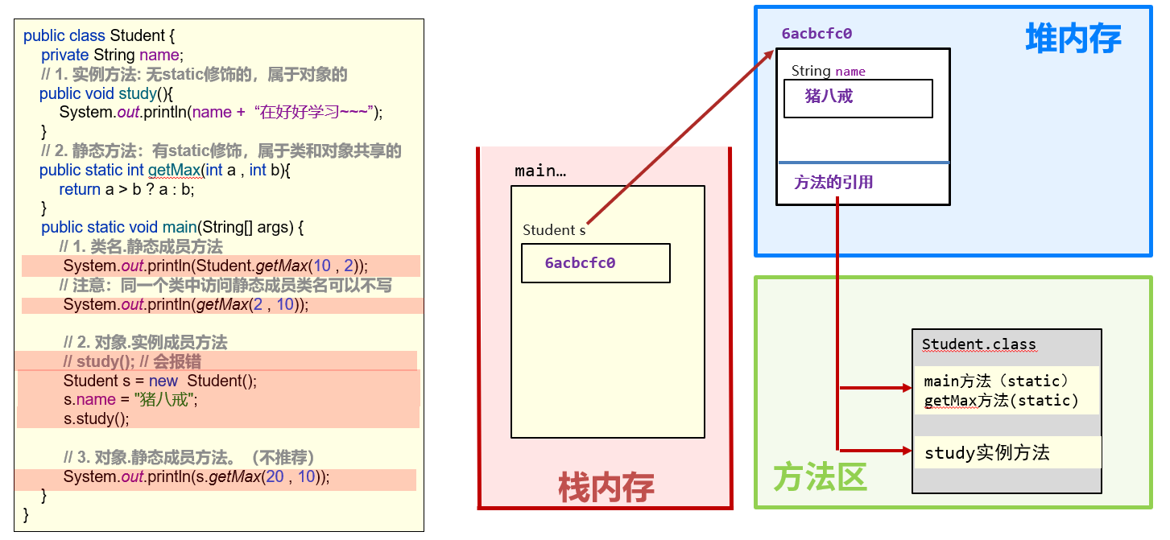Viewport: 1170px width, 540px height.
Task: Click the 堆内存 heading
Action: click(1073, 39)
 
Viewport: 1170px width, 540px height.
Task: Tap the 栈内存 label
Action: click(606, 488)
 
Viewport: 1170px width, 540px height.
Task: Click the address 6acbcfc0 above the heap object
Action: click(817, 34)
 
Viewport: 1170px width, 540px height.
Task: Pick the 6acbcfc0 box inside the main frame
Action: click(595, 263)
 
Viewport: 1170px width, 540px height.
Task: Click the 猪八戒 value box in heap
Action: click(858, 98)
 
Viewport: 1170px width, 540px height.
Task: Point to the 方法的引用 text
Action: click(833, 183)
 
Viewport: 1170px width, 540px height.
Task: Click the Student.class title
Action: click(978, 344)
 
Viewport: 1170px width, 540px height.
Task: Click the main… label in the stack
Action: click(540, 171)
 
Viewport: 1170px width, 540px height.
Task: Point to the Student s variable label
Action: click(553, 230)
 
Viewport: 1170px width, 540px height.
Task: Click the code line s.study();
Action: click(96, 418)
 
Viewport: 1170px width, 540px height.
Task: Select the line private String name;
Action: click(113, 56)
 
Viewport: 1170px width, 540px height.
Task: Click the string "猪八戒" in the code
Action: click(166, 399)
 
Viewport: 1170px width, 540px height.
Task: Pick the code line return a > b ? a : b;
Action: click(126, 190)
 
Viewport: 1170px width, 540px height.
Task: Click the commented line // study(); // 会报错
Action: click(133, 361)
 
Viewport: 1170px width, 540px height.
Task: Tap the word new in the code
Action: click(163, 381)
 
